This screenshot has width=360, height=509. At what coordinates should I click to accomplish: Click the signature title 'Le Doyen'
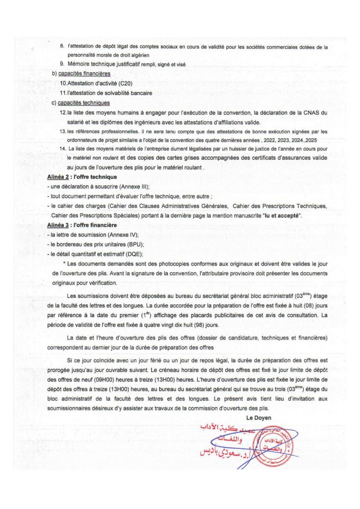point(258,418)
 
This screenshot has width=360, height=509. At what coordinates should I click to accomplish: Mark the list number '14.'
point(63,149)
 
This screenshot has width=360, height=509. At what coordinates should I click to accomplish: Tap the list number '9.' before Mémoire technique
point(62,64)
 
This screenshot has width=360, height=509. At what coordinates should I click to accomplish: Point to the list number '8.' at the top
point(62,46)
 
